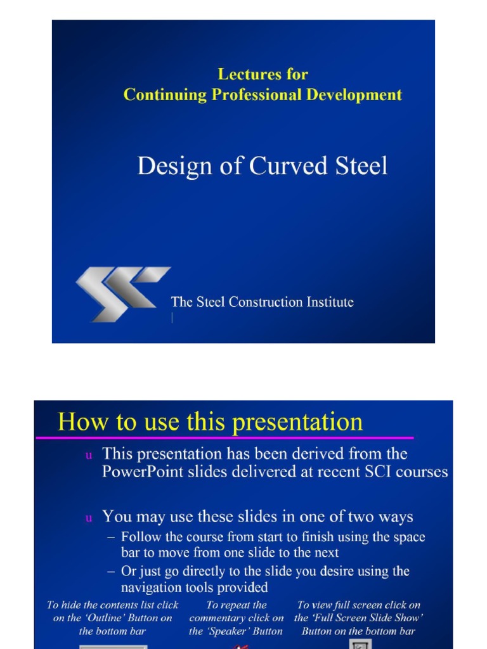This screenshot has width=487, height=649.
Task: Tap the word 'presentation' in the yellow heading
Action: [297, 422]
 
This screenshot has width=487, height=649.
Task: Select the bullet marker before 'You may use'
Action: [89, 518]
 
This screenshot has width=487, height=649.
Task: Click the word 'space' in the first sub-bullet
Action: [409, 537]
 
